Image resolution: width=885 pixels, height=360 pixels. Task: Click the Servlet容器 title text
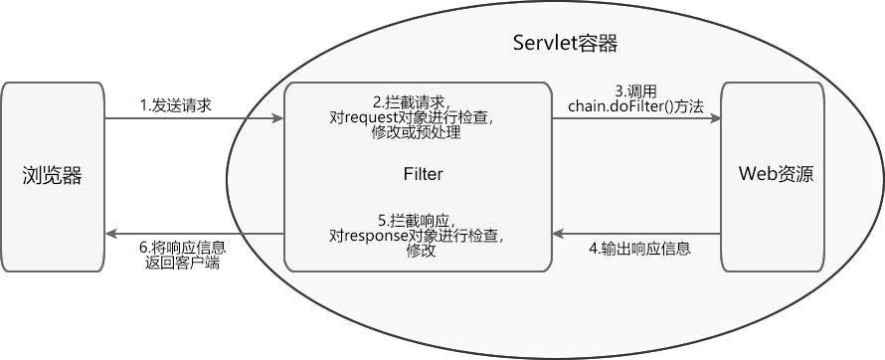click(x=565, y=43)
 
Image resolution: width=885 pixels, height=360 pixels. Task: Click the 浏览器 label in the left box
click(x=53, y=176)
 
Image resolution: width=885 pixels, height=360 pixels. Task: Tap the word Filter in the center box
click(x=423, y=174)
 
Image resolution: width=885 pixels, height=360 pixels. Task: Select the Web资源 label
click(x=776, y=174)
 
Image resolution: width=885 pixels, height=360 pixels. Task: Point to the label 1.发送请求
click(x=175, y=104)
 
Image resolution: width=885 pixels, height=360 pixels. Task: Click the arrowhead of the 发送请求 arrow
click(x=278, y=119)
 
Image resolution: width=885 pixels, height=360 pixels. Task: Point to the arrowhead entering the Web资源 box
click(x=715, y=119)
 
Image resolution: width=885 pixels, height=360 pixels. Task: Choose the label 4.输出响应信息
click(x=639, y=248)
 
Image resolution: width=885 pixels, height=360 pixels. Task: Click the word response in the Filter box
click(x=383, y=236)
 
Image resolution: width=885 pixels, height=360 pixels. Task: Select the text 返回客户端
click(x=182, y=263)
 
